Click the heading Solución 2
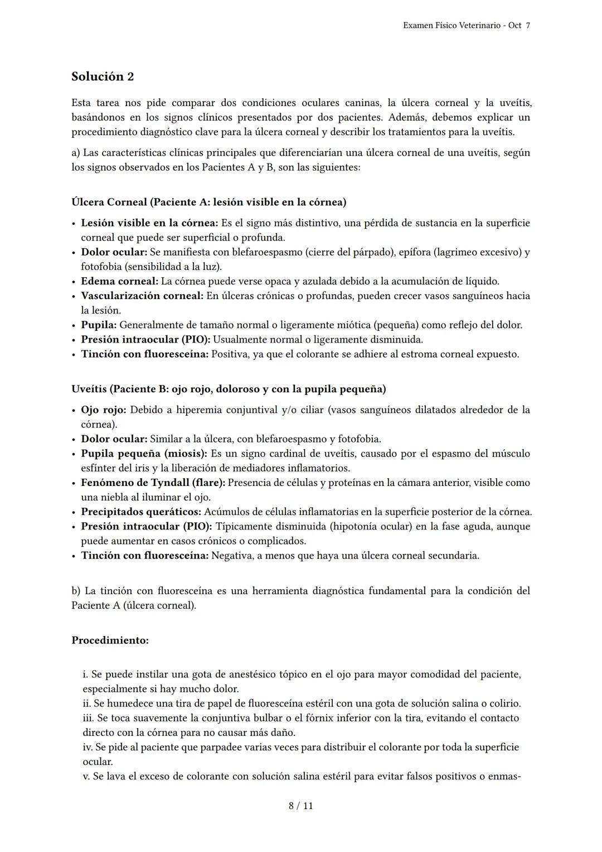click(103, 76)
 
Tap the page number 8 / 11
click(300, 806)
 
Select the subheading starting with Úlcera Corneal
click(208, 202)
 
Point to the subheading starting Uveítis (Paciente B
click(229, 389)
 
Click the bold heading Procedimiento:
click(110, 641)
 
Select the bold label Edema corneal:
click(119, 281)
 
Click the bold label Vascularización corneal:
click(142, 296)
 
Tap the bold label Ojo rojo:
click(104, 410)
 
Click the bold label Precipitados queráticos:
click(141, 512)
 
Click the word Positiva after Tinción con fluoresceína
click(229, 354)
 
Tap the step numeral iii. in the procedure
click(88, 718)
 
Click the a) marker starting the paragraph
click(76, 153)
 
